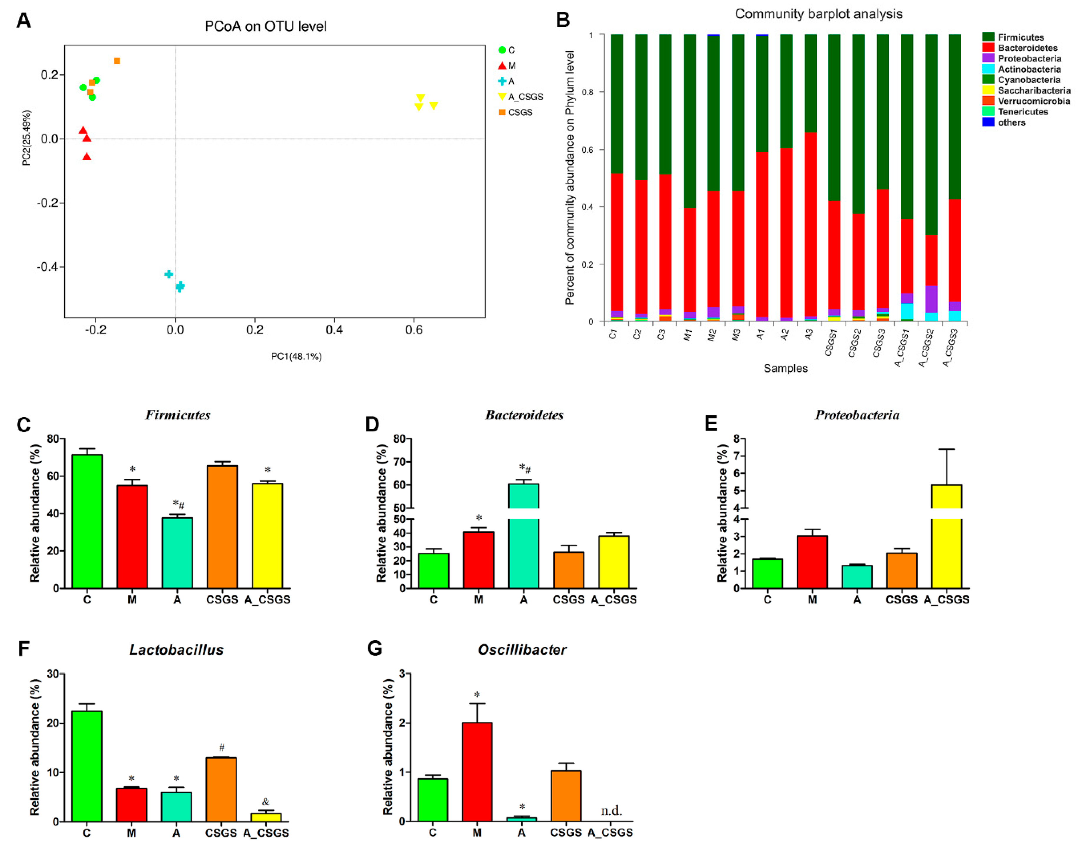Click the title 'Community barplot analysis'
(818, 14)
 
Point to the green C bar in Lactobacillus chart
(87, 766)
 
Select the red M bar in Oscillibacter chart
(477, 772)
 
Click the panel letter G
(374, 649)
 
